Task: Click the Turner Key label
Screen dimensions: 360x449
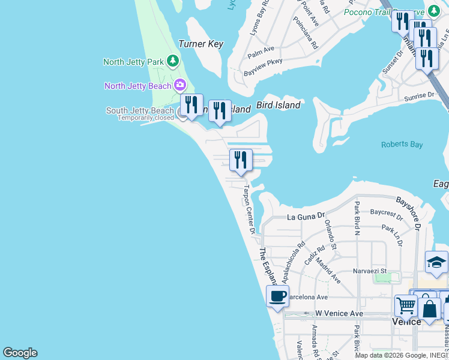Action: pos(201,44)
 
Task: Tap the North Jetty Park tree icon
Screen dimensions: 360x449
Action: pos(173,61)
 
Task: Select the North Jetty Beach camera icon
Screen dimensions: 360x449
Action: pos(179,86)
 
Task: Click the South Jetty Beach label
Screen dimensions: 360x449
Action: pos(140,110)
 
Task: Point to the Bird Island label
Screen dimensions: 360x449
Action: pos(278,106)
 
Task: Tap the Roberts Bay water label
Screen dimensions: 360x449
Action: pos(402,145)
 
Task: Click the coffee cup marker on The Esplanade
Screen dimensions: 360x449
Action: pos(277,297)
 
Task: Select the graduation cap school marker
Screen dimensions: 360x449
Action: pos(436,262)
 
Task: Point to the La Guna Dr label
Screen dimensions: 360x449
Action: pos(305,216)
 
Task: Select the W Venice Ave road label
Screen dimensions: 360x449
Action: pos(340,313)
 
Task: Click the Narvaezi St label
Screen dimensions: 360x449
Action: pos(369,271)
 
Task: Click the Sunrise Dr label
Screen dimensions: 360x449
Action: pos(418,95)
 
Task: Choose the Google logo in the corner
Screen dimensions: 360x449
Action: pos(20,353)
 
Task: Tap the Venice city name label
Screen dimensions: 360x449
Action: pos(406,322)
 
